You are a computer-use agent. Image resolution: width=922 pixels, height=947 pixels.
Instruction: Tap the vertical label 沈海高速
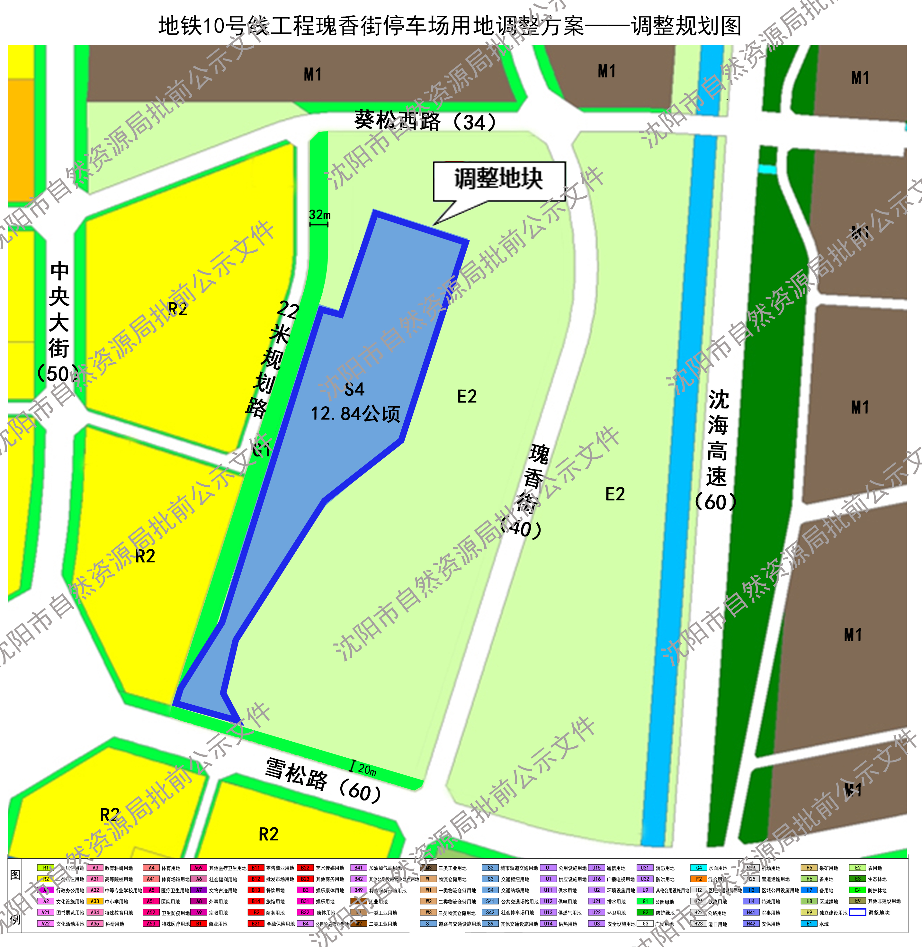(717, 438)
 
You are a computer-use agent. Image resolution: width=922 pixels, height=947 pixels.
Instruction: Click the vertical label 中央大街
(59, 310)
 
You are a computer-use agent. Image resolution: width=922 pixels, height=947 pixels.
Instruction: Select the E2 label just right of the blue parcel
(467, 397)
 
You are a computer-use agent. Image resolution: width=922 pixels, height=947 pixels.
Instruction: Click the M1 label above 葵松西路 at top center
(312, 75)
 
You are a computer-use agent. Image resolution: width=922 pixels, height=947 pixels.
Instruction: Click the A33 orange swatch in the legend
(94, 901)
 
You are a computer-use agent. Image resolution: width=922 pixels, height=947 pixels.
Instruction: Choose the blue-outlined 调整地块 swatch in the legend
(857, 913)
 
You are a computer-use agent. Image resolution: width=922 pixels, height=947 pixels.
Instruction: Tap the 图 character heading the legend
(15, 875)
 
